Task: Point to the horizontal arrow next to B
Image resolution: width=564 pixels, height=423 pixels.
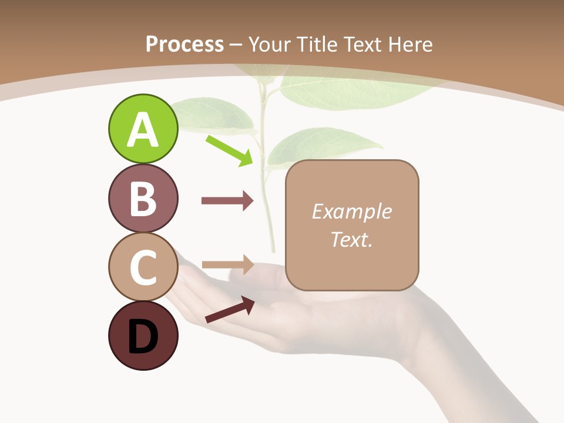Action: click(x=227, y=201)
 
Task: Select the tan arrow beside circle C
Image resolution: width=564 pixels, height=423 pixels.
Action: click(x=227, y=265)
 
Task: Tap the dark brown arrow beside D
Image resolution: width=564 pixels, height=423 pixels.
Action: click(x=230, y=310)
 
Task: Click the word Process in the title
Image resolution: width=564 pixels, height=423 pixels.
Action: click(x=184, y=44)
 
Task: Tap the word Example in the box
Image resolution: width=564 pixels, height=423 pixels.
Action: click(x=351, y=211)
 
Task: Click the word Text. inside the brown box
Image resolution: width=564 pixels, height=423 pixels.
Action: click(x=351, y=239)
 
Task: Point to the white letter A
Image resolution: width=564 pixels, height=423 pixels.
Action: click(x=143, y=130)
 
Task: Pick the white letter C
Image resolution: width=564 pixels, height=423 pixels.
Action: click(x=143, y=268)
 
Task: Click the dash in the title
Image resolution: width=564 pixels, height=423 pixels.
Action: click(x=236, y=45)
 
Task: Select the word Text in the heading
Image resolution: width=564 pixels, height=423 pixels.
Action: click(x=363, y=44)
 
